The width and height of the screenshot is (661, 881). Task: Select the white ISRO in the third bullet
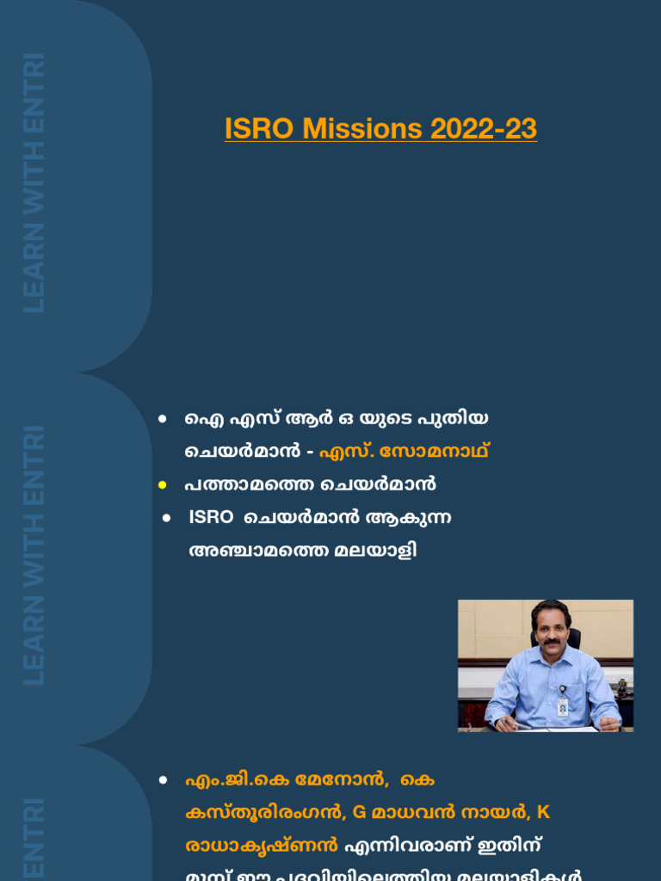211,517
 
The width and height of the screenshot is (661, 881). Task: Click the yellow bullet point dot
162,485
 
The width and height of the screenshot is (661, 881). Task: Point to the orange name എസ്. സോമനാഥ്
410,451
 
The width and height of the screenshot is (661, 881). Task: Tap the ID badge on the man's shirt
562,705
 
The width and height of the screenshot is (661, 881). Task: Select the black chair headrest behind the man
571,638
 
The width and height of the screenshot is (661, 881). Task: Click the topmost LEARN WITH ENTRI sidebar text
34,182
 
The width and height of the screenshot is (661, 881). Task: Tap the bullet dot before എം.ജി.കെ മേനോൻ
162,780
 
